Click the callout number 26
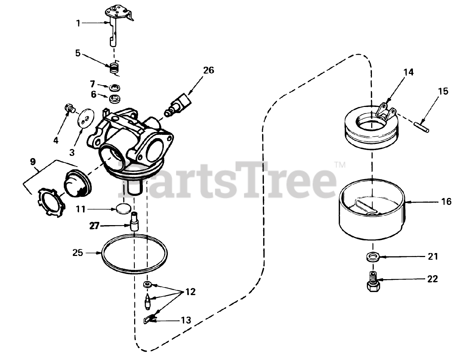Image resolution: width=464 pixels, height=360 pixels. coord(208,70)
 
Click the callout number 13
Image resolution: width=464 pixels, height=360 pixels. coord(186,320)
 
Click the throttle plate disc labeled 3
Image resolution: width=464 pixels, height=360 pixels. coord(86,117)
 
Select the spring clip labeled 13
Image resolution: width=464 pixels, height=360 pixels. coord(150,319)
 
